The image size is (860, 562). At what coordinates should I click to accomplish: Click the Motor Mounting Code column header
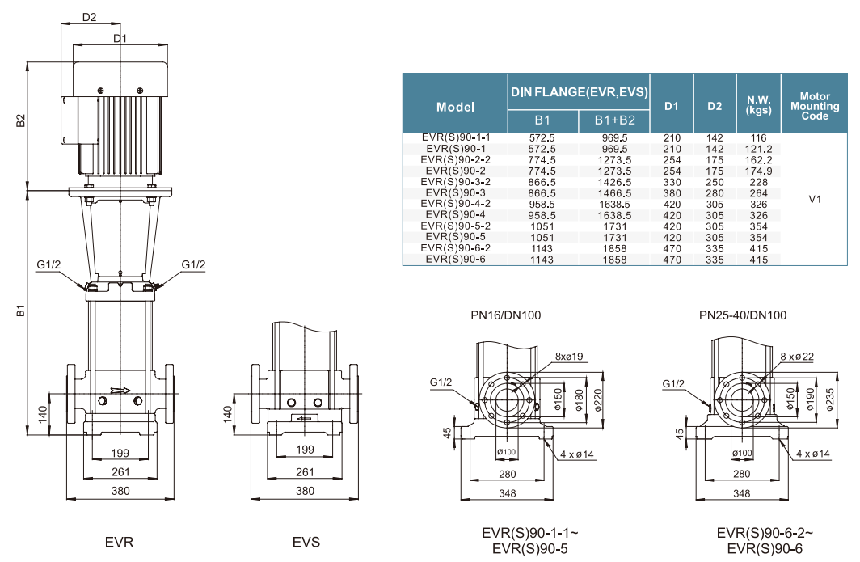[815, 106]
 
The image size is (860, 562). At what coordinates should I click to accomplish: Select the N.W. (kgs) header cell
[758, 106]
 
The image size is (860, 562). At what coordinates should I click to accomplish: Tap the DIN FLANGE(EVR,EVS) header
[580, 92]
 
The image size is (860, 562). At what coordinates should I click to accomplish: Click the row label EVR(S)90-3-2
[455, 182]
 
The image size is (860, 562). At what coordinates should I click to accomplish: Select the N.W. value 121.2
[758, 149]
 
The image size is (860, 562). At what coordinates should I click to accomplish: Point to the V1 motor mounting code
[815, 199]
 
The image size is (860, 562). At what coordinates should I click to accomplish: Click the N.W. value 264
[758, 193]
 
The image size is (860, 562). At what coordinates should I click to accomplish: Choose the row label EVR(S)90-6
[455, 259]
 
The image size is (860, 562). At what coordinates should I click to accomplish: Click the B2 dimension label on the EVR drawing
[22, 120]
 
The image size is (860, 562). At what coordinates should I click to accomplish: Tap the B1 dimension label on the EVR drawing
[22, 311]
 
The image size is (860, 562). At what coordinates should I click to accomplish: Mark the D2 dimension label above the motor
[89, 17]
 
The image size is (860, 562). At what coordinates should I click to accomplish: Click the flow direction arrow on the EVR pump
[120, 390]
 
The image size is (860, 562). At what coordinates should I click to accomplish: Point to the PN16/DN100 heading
[506, 315]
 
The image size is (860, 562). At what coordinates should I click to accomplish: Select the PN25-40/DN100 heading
[743, 315]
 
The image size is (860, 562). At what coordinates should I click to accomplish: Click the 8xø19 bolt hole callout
[571, 357]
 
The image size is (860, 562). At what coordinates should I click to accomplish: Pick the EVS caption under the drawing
[306, 542]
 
